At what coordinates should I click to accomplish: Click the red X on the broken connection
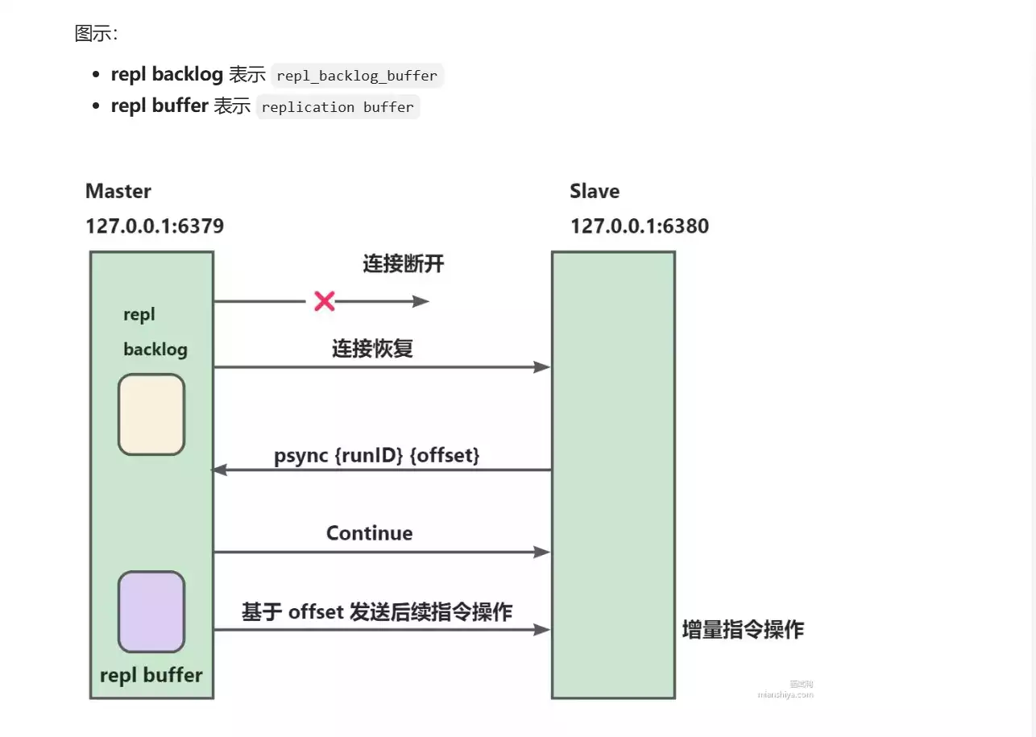coord(324,301)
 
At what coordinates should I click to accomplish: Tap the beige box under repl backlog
coord(151,414)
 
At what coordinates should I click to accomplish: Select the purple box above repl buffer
coord(151,611)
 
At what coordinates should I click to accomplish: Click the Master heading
coord(118,191)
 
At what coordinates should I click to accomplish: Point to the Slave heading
coord(595,191)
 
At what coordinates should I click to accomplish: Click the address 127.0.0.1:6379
coord(155,226)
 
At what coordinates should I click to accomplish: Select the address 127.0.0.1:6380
coord(640,226)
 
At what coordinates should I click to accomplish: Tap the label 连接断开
coord(403,263)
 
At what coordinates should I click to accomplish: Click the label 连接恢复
coord(372,349)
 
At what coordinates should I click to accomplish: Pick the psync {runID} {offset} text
coord(377,455)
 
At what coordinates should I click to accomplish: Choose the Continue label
coord(369,533)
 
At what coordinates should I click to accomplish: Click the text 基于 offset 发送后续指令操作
coord(377,611)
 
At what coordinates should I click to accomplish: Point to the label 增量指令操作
coord(743,629)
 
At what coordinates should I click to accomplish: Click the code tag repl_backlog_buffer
coord(357,77)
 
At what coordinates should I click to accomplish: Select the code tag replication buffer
coord(338,107)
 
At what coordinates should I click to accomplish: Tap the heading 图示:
coord(96,34)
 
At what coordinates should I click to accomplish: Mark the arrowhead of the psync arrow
coord(218,470)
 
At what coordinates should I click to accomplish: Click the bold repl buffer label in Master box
coord(151,675)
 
